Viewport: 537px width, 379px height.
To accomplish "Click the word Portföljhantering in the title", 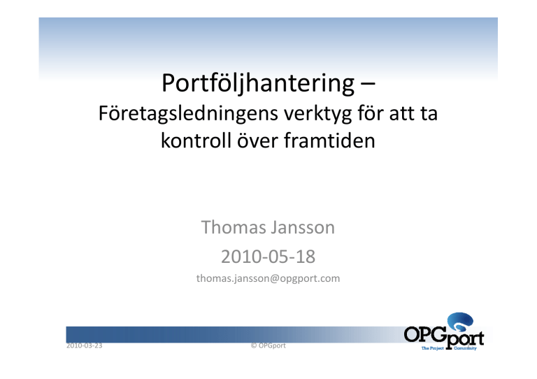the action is click(258, 83).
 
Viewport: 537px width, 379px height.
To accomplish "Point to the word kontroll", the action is click(196, 141).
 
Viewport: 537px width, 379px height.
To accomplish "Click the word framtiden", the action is click(329, 141).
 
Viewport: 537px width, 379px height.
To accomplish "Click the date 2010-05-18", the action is click(268, 257).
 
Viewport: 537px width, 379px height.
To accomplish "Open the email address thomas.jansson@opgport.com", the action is click(268, 278).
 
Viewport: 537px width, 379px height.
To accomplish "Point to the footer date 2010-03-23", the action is click(84, 345).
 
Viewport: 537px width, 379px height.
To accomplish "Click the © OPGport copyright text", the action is click(268, 345).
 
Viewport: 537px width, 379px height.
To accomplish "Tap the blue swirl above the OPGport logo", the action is click(461, 322).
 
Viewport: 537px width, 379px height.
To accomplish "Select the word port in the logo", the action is click(465, 338).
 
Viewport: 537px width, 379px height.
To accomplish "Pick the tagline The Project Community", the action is click(449, 348).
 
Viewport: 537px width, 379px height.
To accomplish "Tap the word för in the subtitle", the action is click(371, 113).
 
